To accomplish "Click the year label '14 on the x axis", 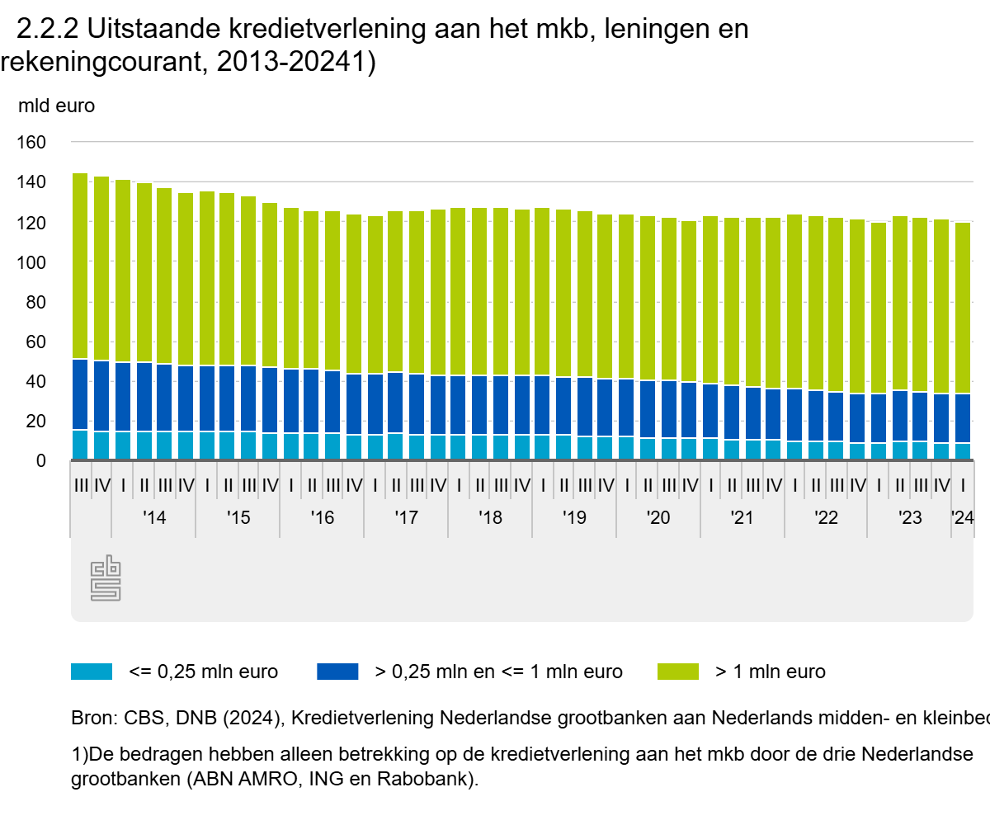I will pos(154,518).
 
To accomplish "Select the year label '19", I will pos(574,518).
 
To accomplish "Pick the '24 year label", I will pos(962,518).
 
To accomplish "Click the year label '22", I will pos(826,518).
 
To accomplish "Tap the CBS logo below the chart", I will pos(106,578).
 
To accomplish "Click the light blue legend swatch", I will pos(91,672).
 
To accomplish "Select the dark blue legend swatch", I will pos(337,672).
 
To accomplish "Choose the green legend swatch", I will pos(678,672).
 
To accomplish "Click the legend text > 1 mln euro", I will pos(770,672).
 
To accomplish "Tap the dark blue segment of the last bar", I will pos(963,418).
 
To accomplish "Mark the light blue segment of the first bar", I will pos(80,445).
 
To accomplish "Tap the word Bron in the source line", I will pos(91,718).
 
